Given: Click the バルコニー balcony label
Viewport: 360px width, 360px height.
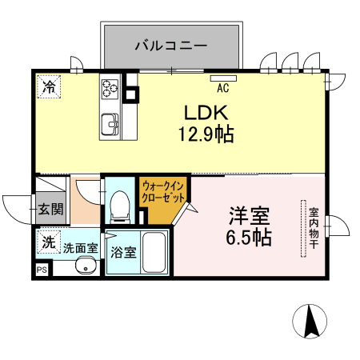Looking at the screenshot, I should pyautogui.click(x=170, y=45).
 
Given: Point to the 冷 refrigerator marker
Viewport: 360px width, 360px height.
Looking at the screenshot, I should pyautogui.click(x=48, y=86).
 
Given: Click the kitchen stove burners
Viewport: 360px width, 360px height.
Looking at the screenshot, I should pyautogui.click(x=109, y=87).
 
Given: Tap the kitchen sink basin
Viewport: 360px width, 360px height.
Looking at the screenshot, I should pyautogui.click(x=109, y=123).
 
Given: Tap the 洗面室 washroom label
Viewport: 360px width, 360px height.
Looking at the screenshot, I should pyautogui.click(x=81, y=248).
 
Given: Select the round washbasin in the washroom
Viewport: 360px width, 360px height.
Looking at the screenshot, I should pyautogui.click(x=82, y=267).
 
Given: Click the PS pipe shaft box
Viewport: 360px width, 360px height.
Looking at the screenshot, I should pyautogui.click(x=42, y=271).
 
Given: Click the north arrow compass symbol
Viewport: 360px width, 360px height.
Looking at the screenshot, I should pyautogui.click(x=310, y=322).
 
